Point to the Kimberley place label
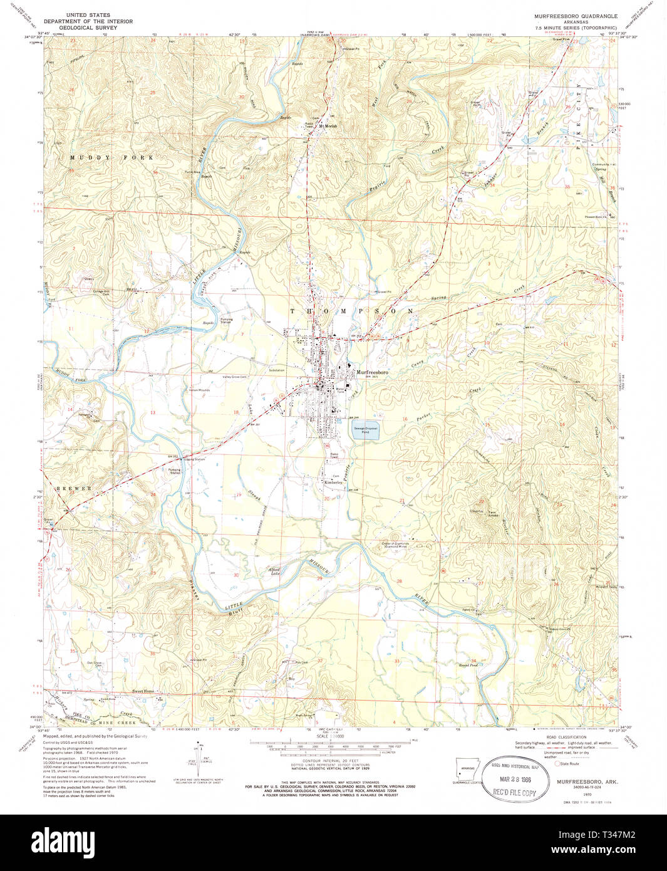333,482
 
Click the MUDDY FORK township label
111,157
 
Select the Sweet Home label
143,691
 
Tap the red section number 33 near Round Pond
396,660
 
